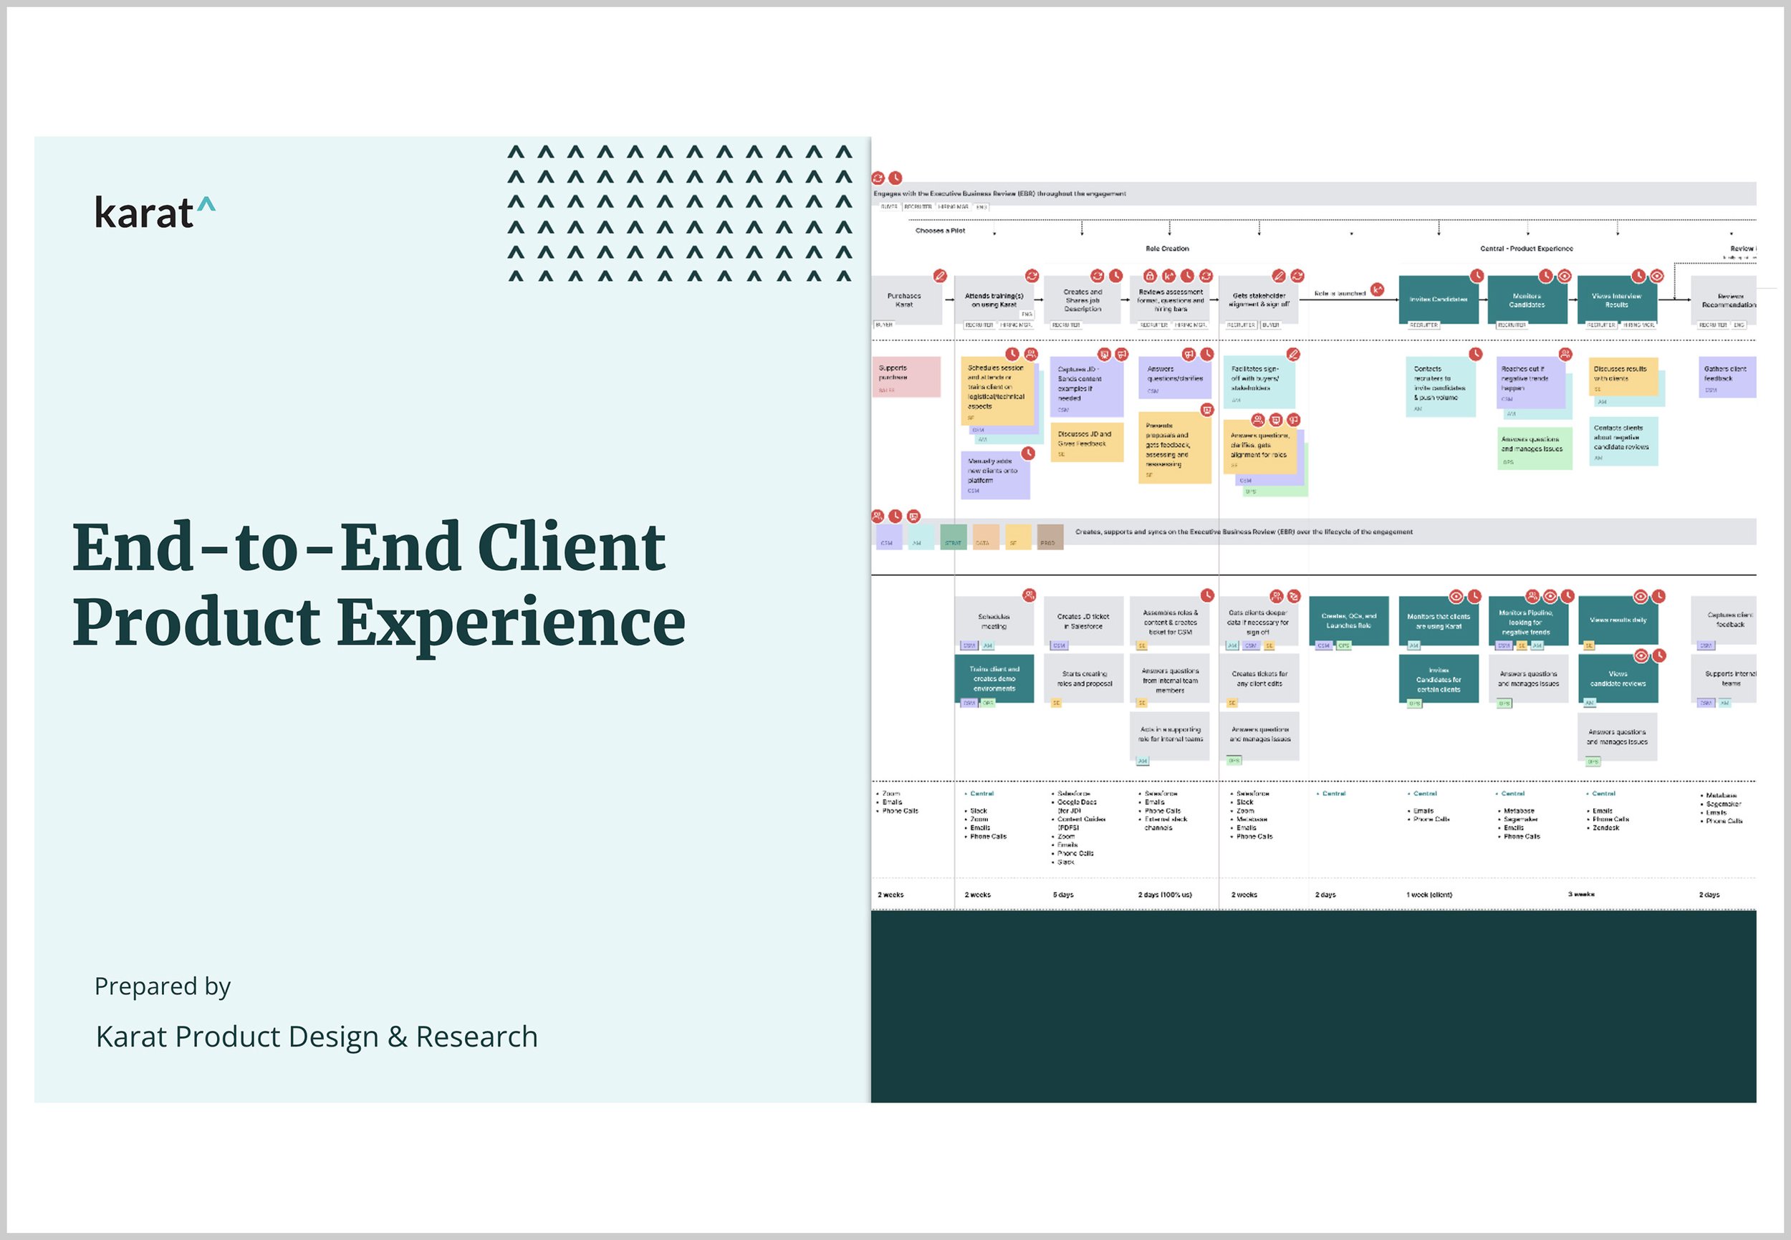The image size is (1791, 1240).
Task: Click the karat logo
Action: [155, 213]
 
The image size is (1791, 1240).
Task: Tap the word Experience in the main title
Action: [512, 623]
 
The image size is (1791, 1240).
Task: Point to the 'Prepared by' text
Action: [163, 986]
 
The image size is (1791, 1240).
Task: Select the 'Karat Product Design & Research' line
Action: [316, 1037]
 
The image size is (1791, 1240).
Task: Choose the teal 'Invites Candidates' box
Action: [1439, 299]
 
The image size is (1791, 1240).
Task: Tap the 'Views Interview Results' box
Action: [1617, 300]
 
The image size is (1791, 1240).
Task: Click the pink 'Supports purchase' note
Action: [906, 377]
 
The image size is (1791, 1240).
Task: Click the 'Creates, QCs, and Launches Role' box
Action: [1349, 621]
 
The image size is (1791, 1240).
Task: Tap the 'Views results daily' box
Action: [1618, 620]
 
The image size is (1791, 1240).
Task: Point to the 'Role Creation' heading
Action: [1167, 249]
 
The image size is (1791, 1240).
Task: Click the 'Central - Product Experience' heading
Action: [1526, 249]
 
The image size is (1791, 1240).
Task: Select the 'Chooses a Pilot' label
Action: [940, 231]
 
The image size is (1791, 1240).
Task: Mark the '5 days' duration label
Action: [1063, 895]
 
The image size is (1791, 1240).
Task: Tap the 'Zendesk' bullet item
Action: [1606, 828]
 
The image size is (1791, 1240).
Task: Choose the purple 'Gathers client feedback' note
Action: [1727, 377]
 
